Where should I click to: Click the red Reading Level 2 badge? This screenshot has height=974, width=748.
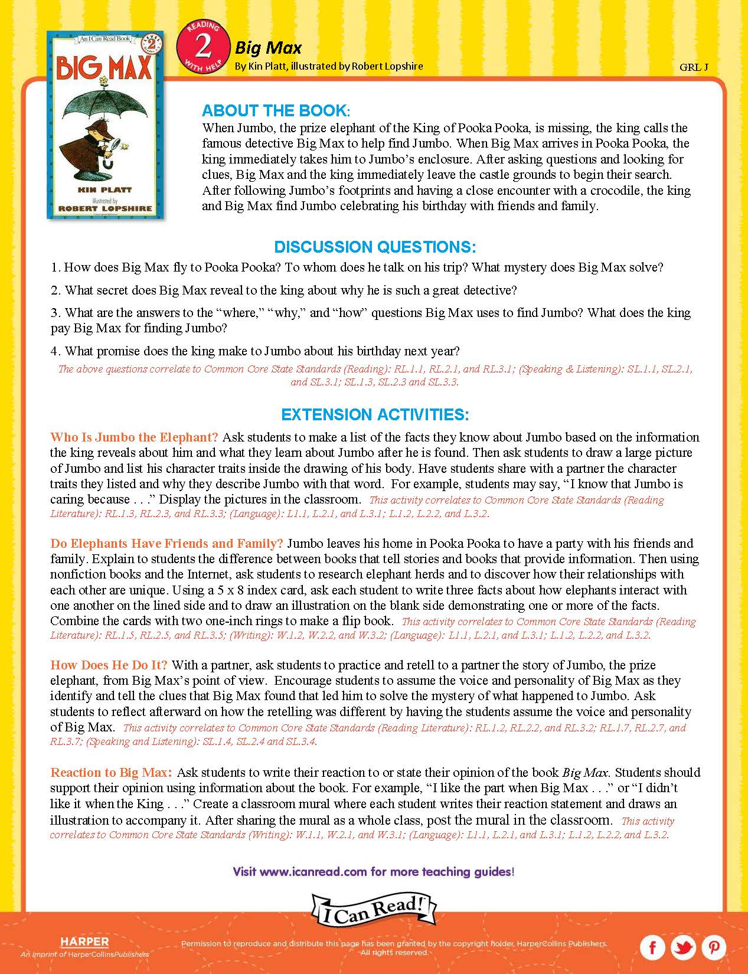[x=203, y=47]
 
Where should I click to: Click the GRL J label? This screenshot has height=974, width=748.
[x=694, y=67]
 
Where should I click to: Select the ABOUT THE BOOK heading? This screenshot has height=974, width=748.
[x=284, y=111]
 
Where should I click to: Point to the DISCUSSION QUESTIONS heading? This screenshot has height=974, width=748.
[x=375, y=247]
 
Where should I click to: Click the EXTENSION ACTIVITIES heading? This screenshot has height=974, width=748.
[x=375, y=414]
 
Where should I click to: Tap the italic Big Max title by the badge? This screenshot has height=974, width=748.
[x=269, y=47]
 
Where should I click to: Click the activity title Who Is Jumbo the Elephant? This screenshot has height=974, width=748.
[x=135, y=437]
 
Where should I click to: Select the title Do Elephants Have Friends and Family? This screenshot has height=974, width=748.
[x=166, y=543]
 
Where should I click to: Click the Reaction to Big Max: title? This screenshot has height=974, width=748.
[x=112, y=772]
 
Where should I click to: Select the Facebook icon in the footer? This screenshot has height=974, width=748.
[x=652, y=947]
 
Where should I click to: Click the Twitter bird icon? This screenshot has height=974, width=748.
[x=683, y=947]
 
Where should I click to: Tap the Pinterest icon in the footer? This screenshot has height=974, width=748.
[x=714, y=947]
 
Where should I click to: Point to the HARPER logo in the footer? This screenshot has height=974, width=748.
[x=84, y=942]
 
